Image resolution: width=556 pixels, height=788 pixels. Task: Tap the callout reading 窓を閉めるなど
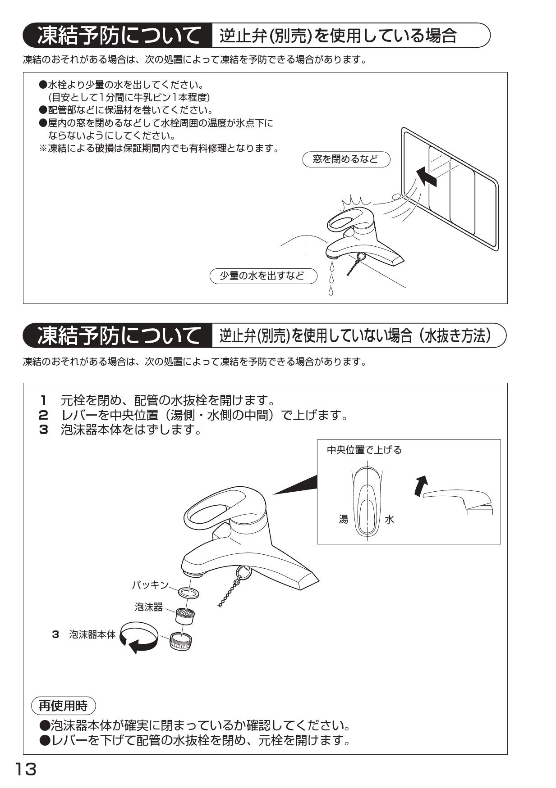tap(345, 159)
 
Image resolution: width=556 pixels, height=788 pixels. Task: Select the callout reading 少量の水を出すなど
tap(263, 276)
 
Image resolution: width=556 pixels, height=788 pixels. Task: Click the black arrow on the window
tap(426, 176)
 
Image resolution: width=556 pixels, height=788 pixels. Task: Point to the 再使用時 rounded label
tap(63, 706)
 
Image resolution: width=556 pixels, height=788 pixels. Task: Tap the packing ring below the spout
tap(188, 592)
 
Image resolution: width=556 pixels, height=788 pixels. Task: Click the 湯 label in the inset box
tap(344, 519)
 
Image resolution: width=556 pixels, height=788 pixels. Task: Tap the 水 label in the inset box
tap(389, 519)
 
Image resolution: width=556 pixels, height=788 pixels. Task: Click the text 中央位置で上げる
tap(364, 450)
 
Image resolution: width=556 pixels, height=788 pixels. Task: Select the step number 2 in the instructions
tap(43, 415)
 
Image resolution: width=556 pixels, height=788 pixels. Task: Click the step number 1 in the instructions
tap(43, 400)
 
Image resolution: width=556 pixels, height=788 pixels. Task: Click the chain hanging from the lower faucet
tap(230, 590)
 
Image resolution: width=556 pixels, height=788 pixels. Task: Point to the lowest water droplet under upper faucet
tap(331, 291)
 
